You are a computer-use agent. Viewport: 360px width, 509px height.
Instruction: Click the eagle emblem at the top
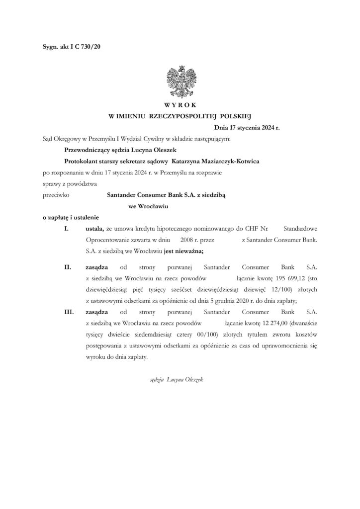180,80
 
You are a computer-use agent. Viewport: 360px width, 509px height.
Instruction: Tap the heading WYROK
180,105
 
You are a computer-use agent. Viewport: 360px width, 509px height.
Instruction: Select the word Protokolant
82,161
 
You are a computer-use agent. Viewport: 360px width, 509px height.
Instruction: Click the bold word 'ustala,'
94,229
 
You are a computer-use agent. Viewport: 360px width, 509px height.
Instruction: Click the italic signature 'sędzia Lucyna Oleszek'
177,379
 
